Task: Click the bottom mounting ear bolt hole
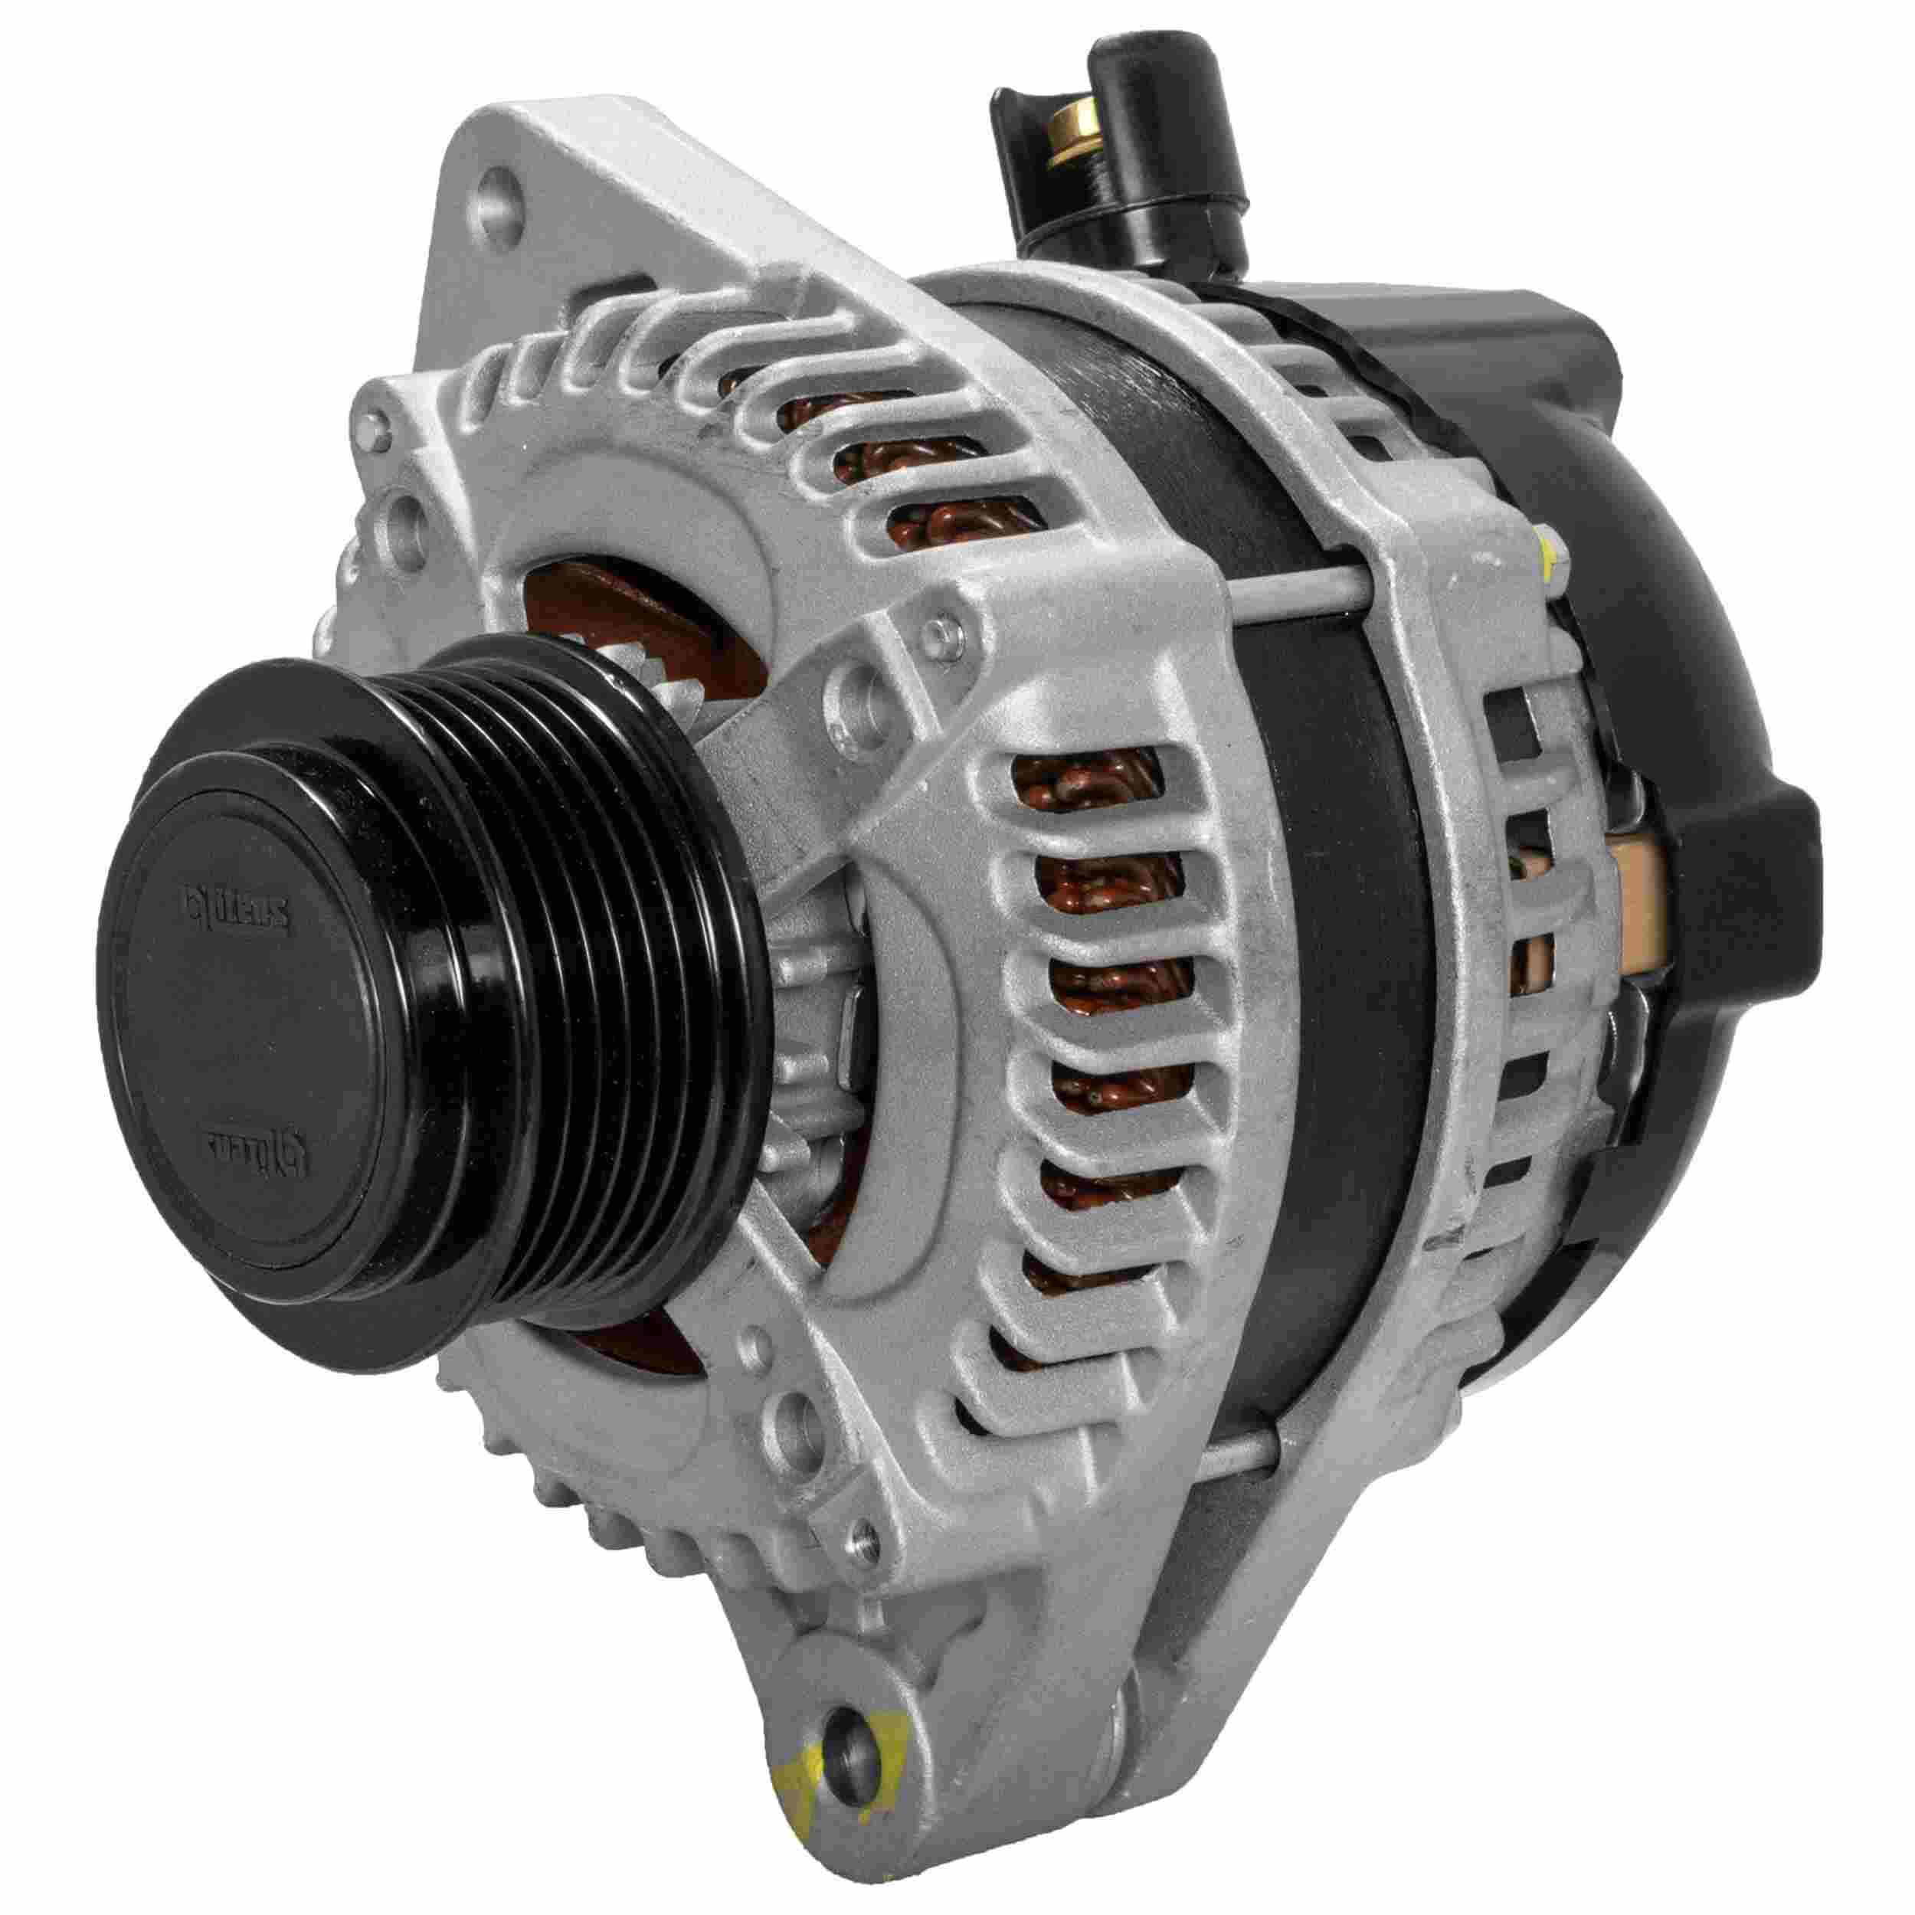[x=850, y=1710]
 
